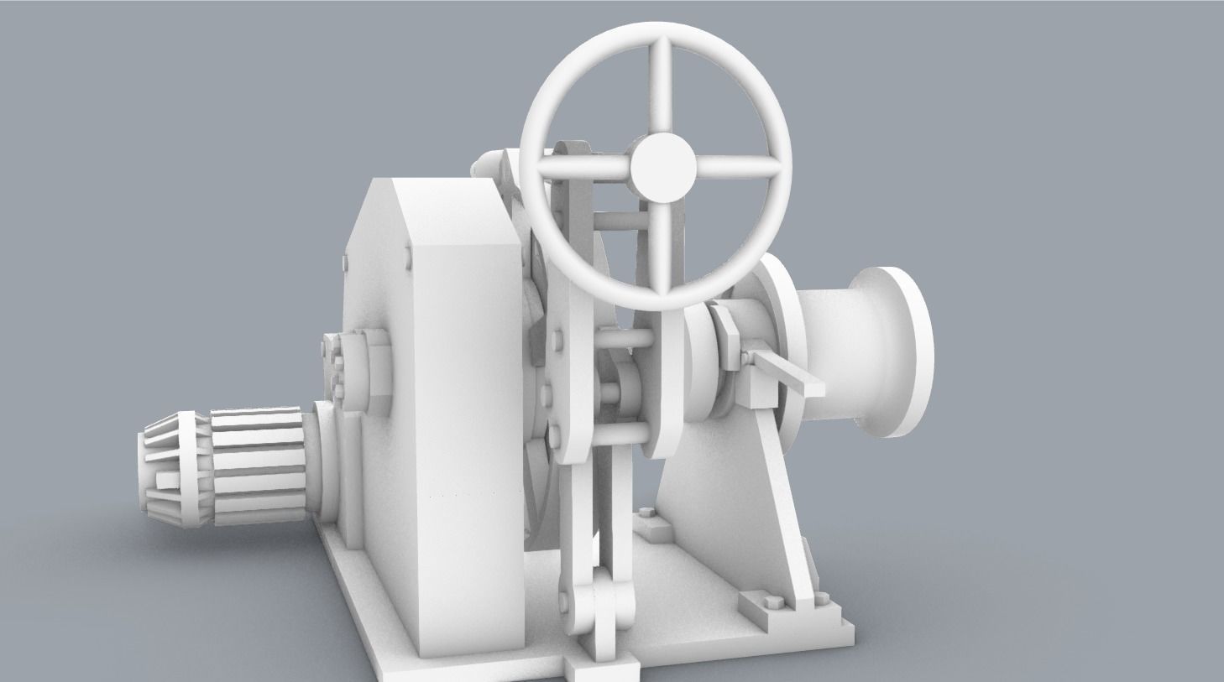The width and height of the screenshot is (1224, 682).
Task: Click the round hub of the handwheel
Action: (662, 167)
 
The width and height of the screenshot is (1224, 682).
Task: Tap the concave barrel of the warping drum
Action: (840, 352)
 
